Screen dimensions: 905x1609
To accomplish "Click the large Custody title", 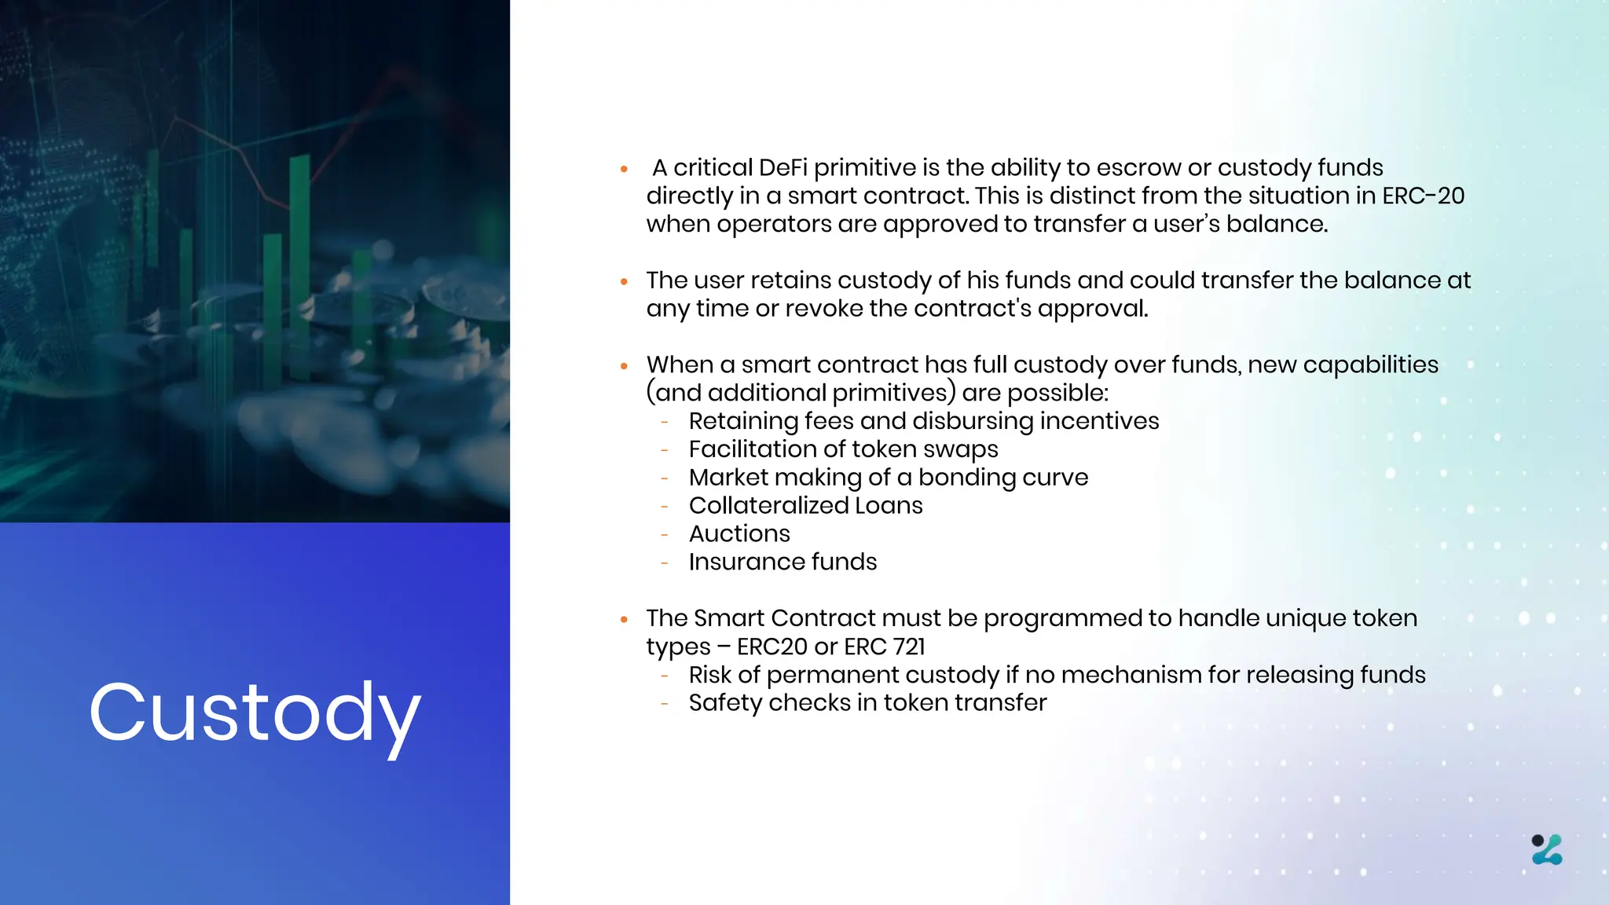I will [255, 713].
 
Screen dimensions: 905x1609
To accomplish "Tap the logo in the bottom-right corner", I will [1547, 849].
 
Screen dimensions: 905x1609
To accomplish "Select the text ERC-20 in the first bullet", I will [1423, 196].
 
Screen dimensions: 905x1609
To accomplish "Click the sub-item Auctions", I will [739, 533].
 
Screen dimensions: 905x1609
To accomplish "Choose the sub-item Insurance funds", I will [783, 562].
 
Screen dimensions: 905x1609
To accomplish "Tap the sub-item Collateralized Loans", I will [805, 505].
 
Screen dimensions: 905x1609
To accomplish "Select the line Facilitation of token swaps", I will [843, 449].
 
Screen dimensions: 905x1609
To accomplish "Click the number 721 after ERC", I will [909, 647].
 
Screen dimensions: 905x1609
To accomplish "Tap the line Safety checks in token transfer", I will [867, 702].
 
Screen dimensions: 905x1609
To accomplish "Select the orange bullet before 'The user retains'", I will [624, 281].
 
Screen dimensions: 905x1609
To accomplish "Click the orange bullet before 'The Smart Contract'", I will [624, 619].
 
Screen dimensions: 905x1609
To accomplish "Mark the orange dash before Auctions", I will [665, 534].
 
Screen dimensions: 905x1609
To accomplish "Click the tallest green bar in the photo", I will [299, 259].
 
